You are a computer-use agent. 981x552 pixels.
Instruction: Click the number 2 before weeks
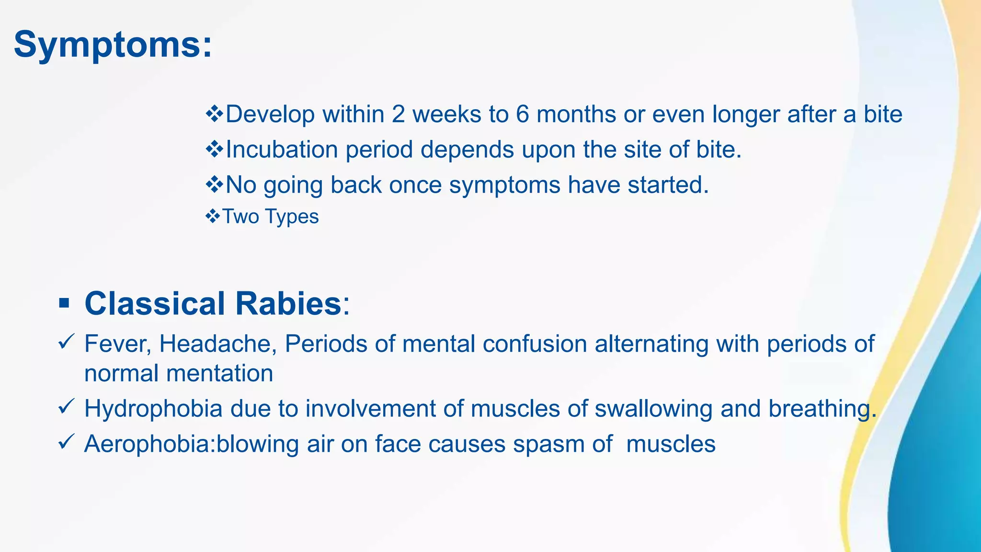(x=398, y=115)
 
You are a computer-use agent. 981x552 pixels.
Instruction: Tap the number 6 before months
(x=522, y=115)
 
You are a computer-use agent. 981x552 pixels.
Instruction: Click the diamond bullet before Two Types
(x=212, y=216)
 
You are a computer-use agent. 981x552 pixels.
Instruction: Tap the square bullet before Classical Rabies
(x=64, y=304)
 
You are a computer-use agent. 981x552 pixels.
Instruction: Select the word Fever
(x=117, y=344)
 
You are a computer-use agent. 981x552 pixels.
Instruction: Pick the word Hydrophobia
(x=153, y=409)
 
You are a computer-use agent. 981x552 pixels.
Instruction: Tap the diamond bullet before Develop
(x=214, y=114)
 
